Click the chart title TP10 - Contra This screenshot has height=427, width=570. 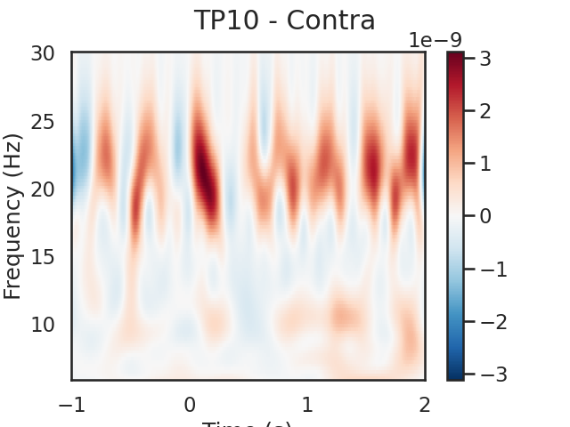point(284,20)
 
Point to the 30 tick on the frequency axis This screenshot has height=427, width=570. point(43,53)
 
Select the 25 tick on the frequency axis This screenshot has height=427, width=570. point(43,121)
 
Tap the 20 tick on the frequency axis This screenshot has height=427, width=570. point(43,189)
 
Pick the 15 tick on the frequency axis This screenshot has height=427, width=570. point(43,256)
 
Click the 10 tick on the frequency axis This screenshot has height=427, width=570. point(43,324)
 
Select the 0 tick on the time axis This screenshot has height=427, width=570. point(190,405)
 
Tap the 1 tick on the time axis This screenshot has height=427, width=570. point(307,405)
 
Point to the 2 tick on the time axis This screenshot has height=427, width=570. point(425,405)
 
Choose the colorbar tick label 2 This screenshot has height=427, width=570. point(486,111)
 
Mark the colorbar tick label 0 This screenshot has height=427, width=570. point(486,216)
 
